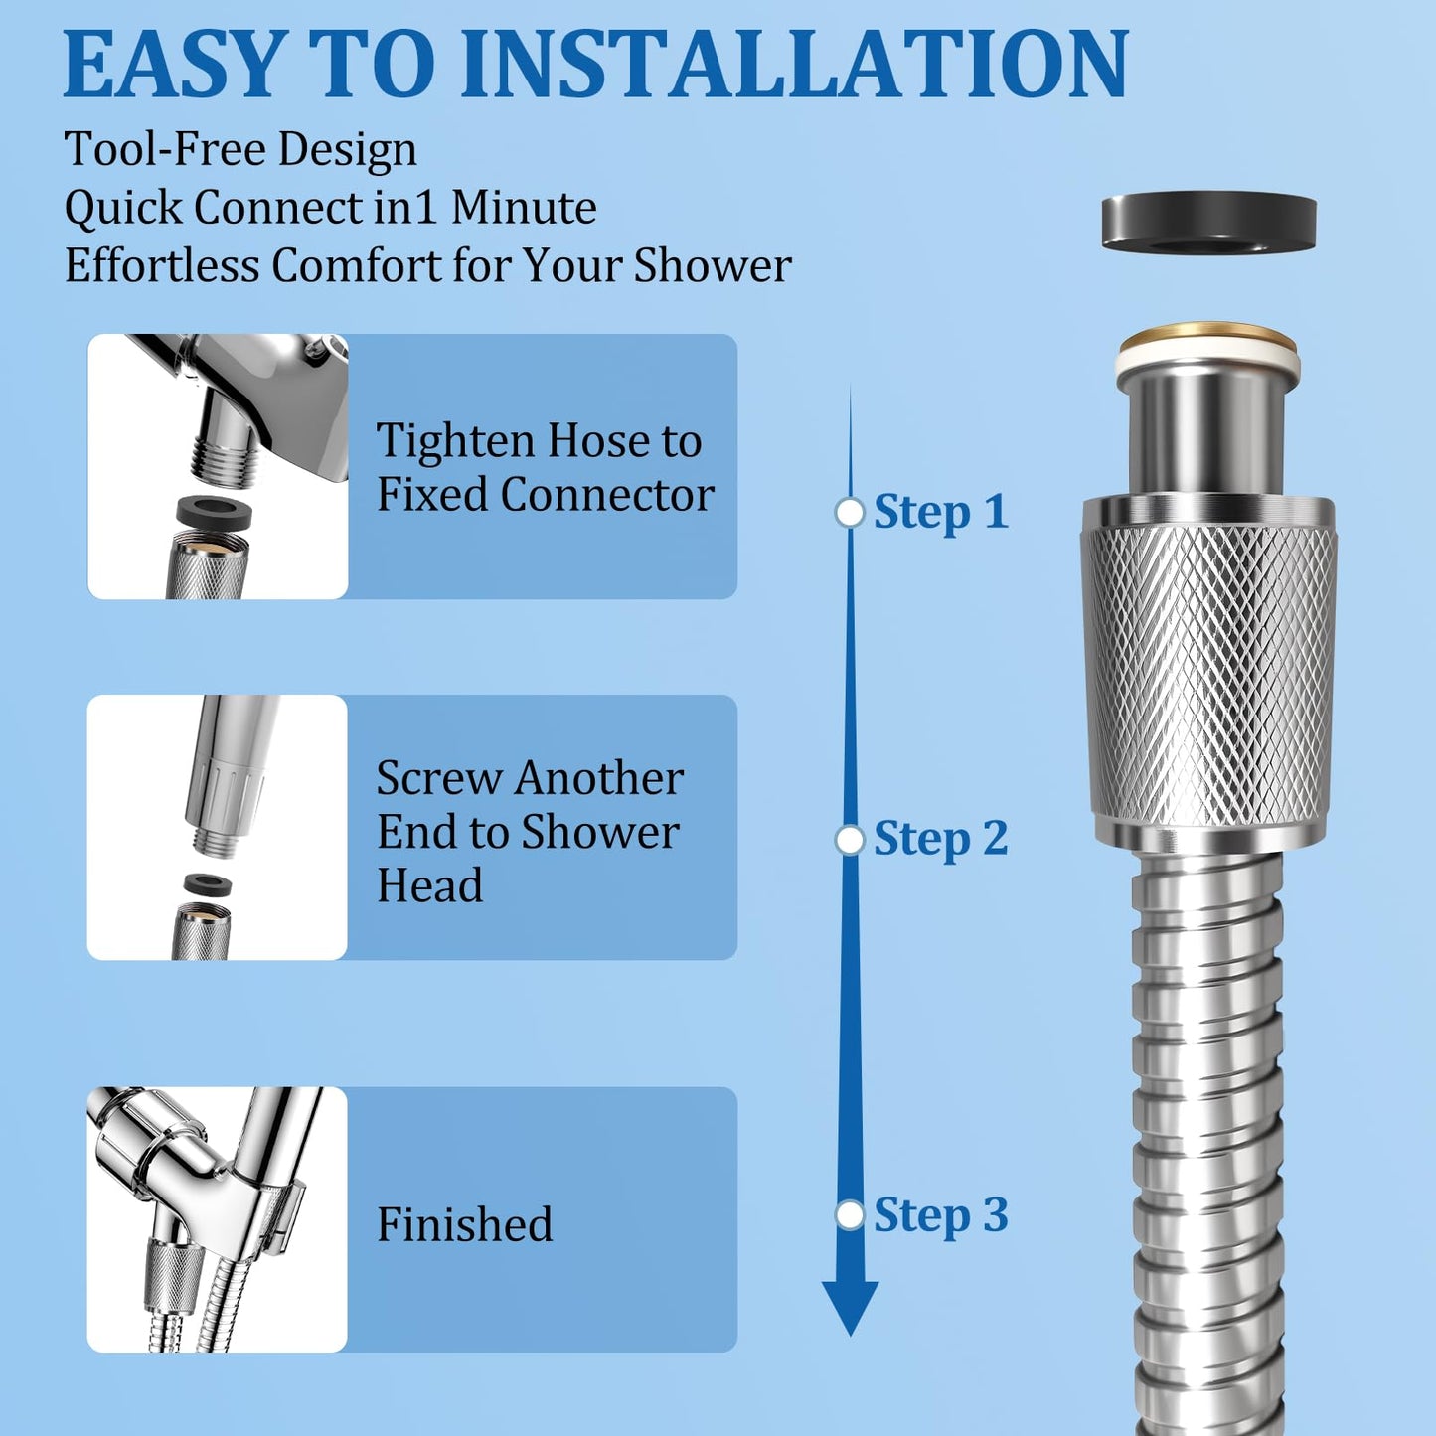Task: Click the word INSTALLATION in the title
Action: click(795, 64)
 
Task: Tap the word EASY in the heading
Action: click(174, 64)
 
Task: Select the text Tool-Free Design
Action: click(240, 150)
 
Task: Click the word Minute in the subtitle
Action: click(524, 208)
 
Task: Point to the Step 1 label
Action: click(940, 512)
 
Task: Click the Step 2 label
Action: click(940, 839)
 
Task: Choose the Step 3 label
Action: click(940, 1215)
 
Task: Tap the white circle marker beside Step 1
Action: click(850, 513)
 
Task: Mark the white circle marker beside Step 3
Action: click(850, 1215)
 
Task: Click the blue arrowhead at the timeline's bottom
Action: click(850, 1308)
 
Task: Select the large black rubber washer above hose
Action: click(1208, 221)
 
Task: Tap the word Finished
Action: click(464, 1224)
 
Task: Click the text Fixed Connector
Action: click(545, 494)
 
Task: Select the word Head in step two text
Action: click(429, 885)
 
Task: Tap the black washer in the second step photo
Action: click(208, 884)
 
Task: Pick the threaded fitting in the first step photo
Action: click(225, 461)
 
